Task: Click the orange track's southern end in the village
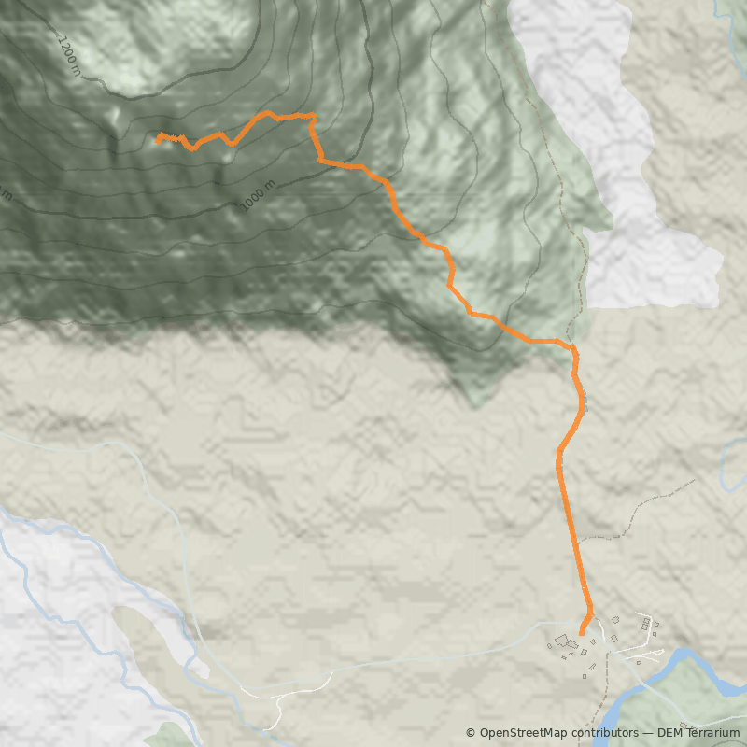581,634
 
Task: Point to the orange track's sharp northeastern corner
313,116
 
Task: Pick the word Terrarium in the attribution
715,733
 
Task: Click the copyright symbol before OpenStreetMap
472,733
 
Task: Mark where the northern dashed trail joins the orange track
572,347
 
